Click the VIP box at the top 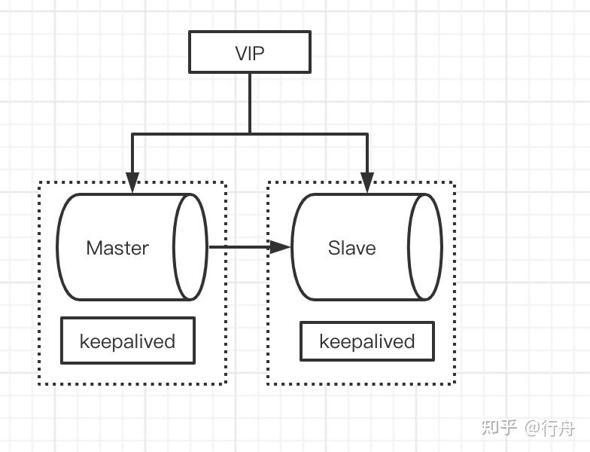pos(249,52)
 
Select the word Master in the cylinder pos(117,248)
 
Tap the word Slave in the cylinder pos(351,248)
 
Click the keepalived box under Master pos(127,341)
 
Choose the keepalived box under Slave pos(367,341)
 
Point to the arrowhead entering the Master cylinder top pos(132,182)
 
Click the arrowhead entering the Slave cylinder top pos(367,182)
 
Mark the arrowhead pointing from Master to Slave pos(281,247)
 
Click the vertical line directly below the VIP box pos(250,102)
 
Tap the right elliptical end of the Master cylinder pos(190,247)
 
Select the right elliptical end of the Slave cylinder pos(425,247)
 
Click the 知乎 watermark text pos(499,428)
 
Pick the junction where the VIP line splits pos(250,134)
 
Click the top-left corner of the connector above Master pos(132,134)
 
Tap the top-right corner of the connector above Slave pos(367,134)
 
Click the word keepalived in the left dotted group pos(127,341)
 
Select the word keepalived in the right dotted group pos(367,342)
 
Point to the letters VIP pos(249,53)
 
